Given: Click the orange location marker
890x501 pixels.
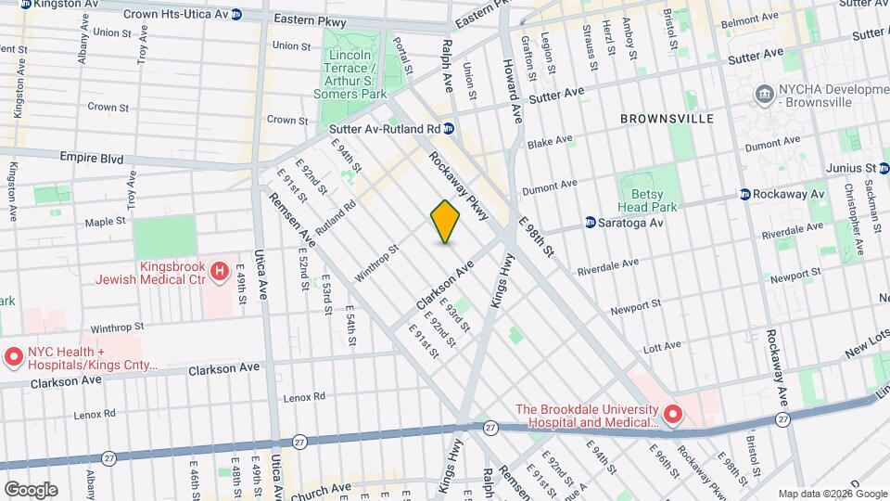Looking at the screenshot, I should click(x=446, y=222).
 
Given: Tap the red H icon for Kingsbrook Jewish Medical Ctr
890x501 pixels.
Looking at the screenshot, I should click(x=219, y=271).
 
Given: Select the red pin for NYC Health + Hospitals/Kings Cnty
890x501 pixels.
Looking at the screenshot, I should click(x=13, y=356).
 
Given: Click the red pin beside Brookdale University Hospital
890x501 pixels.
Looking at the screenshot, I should click(x=672, y=414).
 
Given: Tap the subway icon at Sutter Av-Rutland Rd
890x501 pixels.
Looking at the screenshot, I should click(x=449, y=129).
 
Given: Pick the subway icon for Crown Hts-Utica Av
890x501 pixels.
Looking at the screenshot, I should click(x=237, y=15).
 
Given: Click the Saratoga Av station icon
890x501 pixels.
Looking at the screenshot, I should click(x=590, y=223).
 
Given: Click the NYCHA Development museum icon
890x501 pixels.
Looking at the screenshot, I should click(x=764, y=93).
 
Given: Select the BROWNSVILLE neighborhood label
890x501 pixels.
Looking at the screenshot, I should click(x=667, y=119).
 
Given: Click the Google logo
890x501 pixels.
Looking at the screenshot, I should click(x=31, y=489).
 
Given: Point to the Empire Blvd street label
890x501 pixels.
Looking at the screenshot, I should click(x=92, y=159).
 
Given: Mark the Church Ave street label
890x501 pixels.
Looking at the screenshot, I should click(x=321, y=487).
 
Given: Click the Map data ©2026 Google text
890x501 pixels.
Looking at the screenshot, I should click(x=832, y=493).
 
